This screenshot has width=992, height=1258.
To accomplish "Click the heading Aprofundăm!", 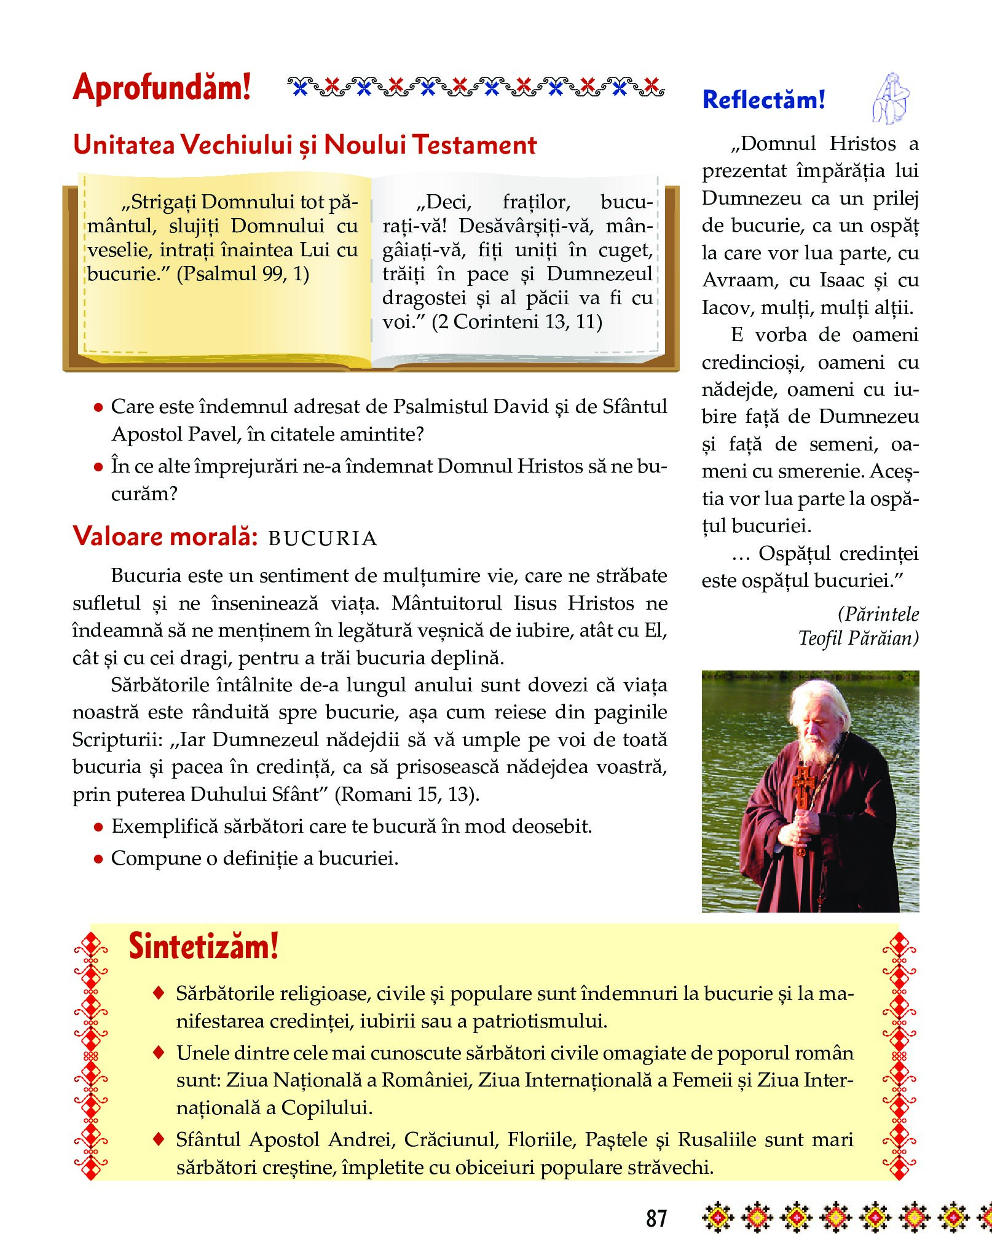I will (162, 87).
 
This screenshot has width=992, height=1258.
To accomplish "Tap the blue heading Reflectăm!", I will (763, 100).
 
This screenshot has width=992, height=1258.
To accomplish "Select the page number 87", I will (656, 1217).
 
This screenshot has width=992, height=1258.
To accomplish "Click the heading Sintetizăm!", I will (203, 946).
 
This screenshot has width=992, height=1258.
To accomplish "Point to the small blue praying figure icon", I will (891, 98).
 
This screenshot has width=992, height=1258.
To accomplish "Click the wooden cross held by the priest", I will (803, 793).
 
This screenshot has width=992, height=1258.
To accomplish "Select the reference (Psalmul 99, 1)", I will (243, 273).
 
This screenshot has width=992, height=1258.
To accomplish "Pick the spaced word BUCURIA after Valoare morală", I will (323, 539).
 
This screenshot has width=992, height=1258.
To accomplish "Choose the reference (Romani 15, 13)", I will (406, 794).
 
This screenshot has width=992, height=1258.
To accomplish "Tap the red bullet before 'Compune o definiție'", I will (98, 859).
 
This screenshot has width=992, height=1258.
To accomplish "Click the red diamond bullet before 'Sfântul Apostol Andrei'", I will (159, 1139).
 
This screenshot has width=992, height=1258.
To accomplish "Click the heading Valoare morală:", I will (165, 536).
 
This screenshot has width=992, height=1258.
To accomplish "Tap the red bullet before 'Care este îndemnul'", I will (98, 407).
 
